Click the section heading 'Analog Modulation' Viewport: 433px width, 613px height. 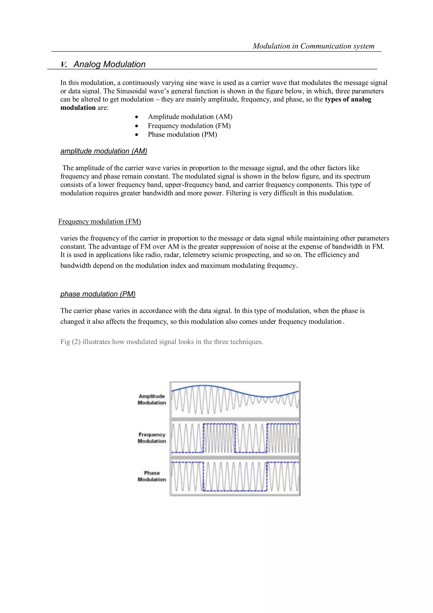[x=109, y=64]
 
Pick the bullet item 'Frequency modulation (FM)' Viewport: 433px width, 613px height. [x=189, y=126]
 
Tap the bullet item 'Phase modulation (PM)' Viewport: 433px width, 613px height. [x=182, y=134]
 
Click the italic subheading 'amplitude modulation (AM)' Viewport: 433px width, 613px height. [x=104, y=151]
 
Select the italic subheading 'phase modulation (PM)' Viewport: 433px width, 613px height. [x=98, y=294]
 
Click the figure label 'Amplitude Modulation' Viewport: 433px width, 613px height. [x=152, y=399]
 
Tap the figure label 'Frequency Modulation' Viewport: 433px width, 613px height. [x=152, y=438]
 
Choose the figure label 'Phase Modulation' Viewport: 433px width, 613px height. [x=152, y=476]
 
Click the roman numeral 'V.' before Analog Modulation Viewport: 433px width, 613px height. [x=64, y=65]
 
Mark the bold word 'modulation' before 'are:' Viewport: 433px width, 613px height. [x=78, y=108]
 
